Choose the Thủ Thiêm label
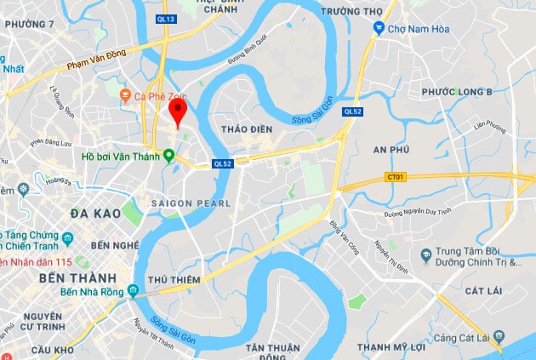(174, 280)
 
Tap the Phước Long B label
(458, 92)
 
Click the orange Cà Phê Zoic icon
(126, 95)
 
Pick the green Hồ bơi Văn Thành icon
(168, 156)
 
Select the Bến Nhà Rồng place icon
(134, 293)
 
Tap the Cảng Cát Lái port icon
(499, 340)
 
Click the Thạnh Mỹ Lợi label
(391, 346)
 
